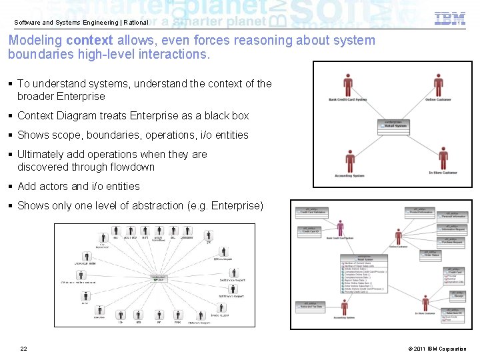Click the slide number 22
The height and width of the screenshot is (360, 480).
(x=24, y=349)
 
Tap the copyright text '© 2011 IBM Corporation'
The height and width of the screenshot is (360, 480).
(x=436, y=349)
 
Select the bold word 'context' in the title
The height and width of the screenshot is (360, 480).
(x=89, y=41)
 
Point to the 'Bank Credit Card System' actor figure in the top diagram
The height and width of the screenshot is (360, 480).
(x=348, y=86)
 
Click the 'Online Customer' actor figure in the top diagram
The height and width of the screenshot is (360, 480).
(x=438, y=86)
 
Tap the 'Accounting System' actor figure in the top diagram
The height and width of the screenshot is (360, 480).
(x=349, y=161)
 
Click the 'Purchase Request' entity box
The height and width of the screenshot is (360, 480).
(x=451, y=241)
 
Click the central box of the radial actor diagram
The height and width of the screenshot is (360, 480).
(x=158, y=278)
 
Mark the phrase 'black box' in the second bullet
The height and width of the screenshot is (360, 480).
(x=227, y=116)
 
